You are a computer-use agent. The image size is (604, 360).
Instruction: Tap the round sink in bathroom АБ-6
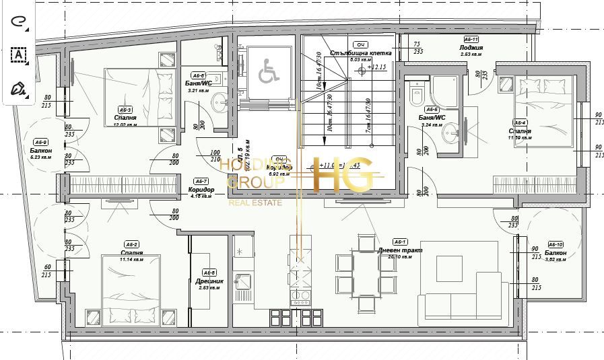220,103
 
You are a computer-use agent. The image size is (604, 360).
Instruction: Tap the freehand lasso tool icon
18,22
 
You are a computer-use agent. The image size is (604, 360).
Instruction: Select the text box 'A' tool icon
18,55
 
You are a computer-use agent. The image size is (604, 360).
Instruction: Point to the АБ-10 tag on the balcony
555,244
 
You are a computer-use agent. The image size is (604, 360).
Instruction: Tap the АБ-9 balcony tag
41,142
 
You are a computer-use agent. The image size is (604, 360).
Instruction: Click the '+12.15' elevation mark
376,67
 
